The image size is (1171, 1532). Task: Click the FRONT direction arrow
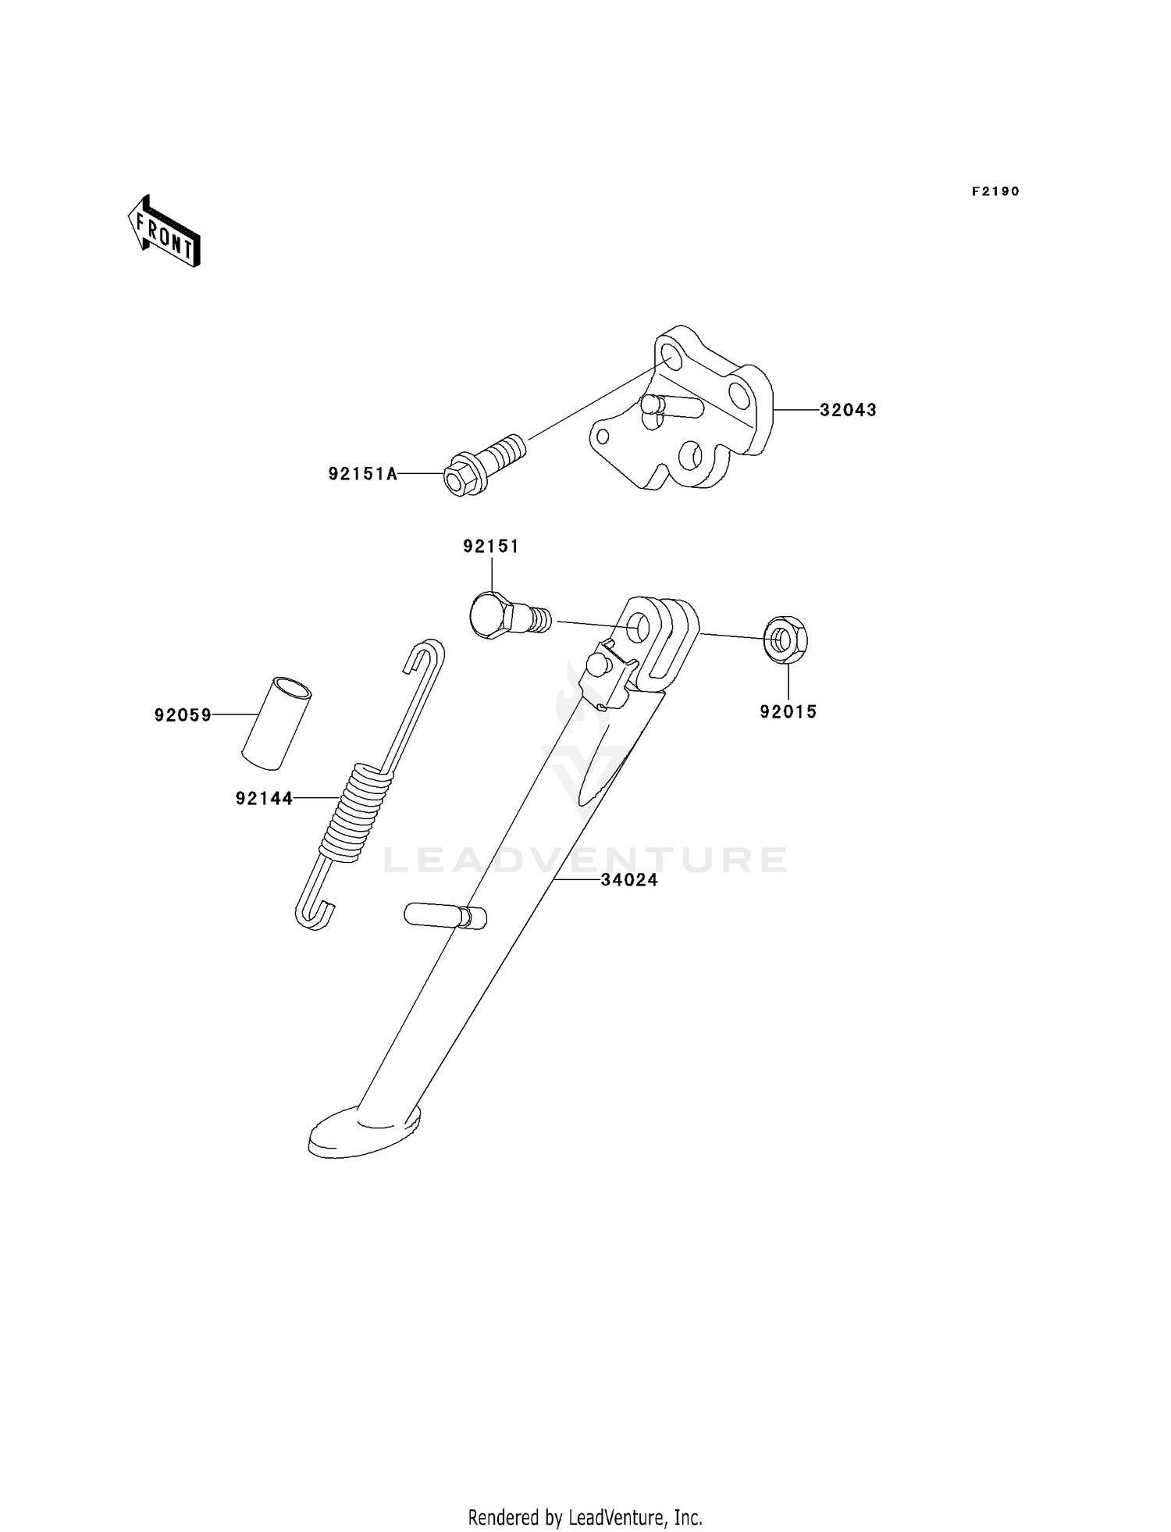point(164,233)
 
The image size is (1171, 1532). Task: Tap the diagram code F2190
point(995,191)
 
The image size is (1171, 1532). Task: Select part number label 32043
point(848,410)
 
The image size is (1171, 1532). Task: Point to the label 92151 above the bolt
point(491,547)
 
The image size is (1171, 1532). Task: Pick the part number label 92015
point(788,711)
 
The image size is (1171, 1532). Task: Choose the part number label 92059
point(183,714)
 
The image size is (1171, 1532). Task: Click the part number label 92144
point(265,798)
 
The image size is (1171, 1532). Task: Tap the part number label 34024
point(629,880)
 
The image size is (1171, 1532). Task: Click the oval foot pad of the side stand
point(364,1132)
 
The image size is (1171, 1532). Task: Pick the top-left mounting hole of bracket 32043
point(669,356)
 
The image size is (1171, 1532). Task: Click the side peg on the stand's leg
point(445,915)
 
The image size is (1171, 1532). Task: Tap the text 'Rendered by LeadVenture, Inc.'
point(585,1517)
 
